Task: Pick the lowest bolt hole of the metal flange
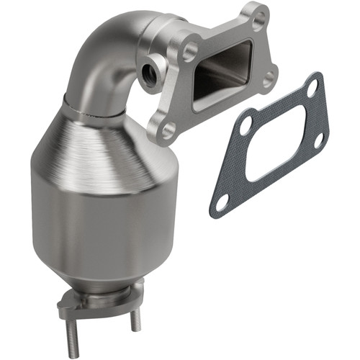(x=167, y=130)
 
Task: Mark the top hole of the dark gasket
(x=312, y=88)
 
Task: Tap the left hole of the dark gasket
(x=245, y=125)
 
